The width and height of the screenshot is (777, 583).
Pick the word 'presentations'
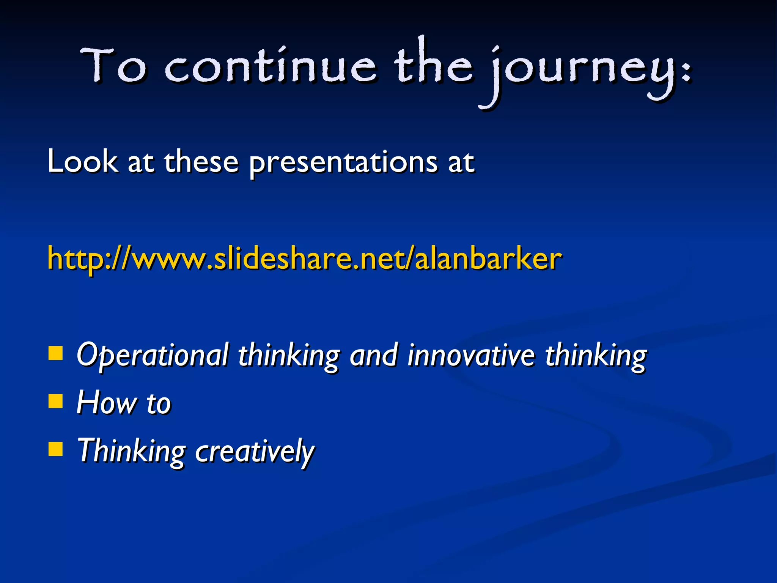click(x=343, y=163)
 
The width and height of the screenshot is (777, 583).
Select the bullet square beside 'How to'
click(x=56, y=400)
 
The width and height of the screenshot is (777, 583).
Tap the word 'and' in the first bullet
click(x=374, y=355)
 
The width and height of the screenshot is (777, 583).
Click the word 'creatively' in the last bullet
click(x=255, y=451)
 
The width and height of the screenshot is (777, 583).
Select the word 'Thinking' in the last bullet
click(x=131, y=451)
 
